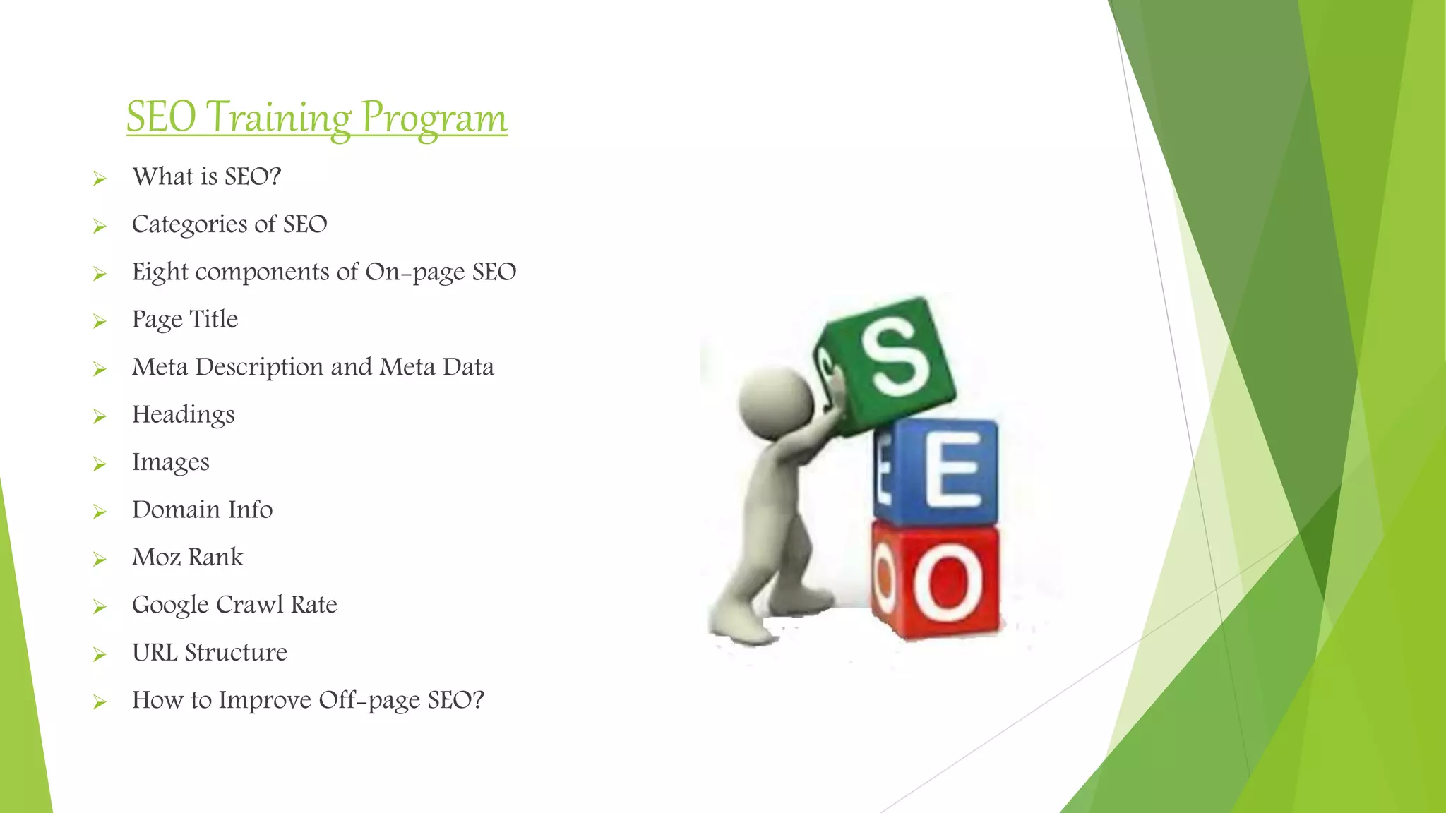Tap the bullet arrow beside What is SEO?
(x=100, y=179)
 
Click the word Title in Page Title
(x=213, y=319)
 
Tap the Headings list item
(x=183, y=415)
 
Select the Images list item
(x=170, y=462)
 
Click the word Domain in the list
(x=176, y=510)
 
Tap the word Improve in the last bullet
(x=264, y=700)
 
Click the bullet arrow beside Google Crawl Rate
(x=100, y=607)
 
